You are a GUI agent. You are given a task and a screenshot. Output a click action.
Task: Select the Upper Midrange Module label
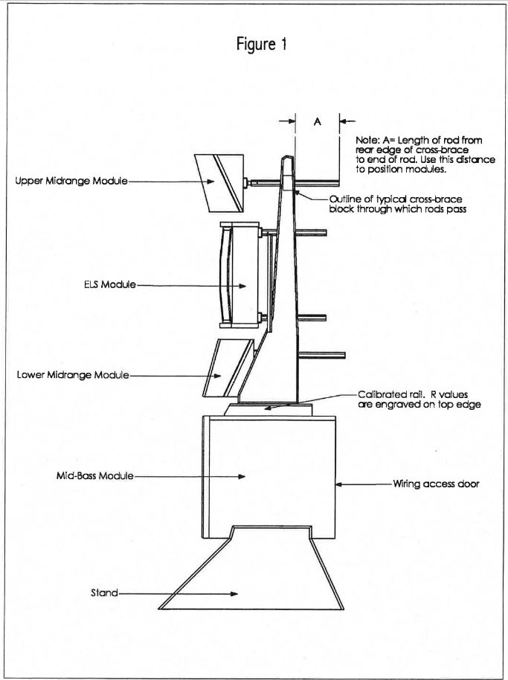tap(71, 181)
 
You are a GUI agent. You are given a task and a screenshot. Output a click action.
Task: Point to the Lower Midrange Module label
tap(73, 374)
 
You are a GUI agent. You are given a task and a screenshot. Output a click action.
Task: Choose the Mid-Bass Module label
tap(94, 475)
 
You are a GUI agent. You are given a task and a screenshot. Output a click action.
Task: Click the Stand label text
tap(104, 593)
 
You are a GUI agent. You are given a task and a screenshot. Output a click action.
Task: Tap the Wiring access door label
tap(437, 484)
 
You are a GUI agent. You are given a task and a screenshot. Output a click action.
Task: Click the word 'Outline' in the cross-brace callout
tap(345, 199)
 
